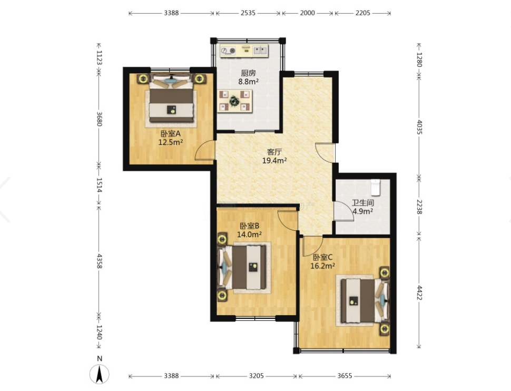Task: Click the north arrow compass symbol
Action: point(100,374)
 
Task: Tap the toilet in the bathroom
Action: point(376,188)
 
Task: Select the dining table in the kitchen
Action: point(235,101)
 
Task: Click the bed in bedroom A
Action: point(171,99)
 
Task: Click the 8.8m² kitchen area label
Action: point(248,82)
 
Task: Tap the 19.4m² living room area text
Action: point(274,160)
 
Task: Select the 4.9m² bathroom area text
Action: point(363,211)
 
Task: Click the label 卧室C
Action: point(322,257)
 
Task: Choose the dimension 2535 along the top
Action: point(248,13)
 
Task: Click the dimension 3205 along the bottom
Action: point(256,376)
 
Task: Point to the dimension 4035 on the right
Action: point(419,127)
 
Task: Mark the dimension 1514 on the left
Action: point(100,185)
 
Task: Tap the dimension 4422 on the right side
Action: point(419,292)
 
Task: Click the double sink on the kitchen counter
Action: point(260,50)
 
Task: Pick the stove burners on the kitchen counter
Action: point(228,51)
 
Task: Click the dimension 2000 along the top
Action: point(307,13)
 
